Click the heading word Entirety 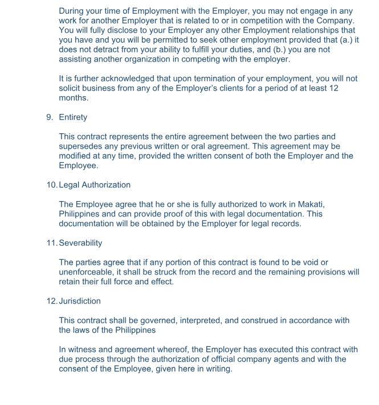[73, 117]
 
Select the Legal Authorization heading [95, 185]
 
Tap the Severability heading [80, 243]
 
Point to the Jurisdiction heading [80, 301]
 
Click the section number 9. [50, 117]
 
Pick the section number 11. [51, 243]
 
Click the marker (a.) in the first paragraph [340, 40]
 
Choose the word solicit [72, 88]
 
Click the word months [74, 98]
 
